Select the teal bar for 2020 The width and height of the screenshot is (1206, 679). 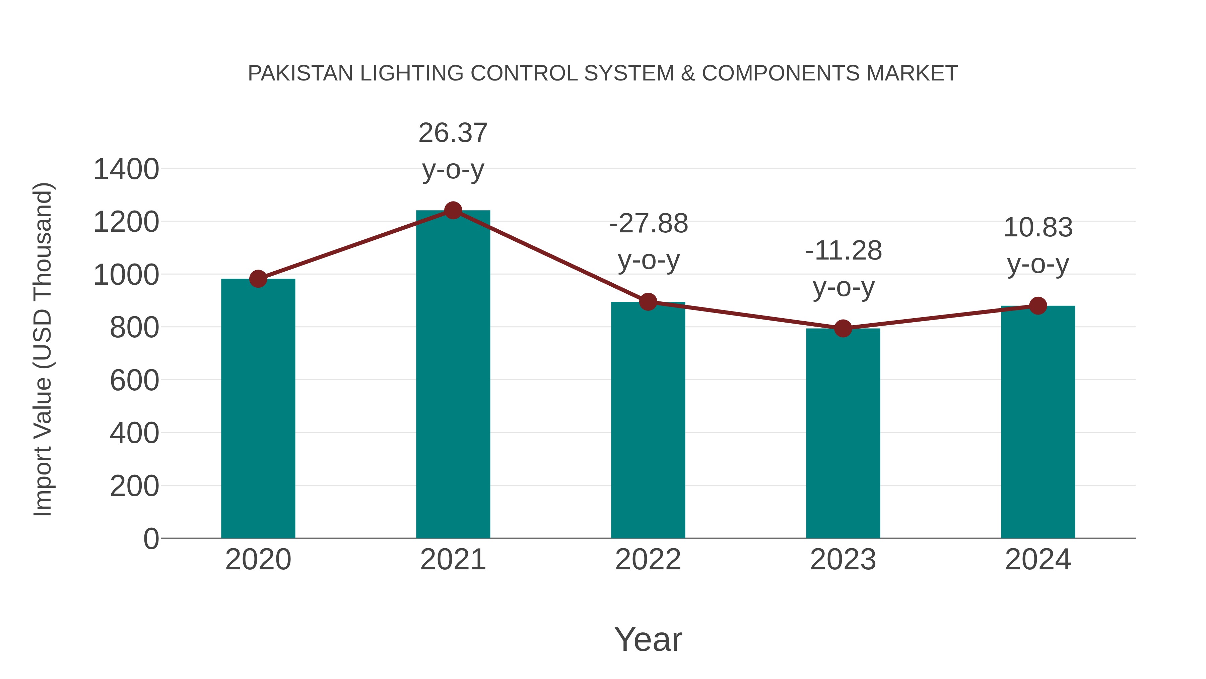[x=258, y=408]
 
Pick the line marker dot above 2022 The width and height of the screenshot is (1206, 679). [x=648, y=302]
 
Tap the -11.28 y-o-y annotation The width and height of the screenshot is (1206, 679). [x=843, y=269]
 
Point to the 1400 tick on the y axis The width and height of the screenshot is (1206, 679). [x=126, y=169]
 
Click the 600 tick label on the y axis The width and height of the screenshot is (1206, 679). [x=134, y=380]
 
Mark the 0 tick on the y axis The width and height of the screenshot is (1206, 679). [x=151, y=539]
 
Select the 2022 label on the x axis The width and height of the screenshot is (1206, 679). [x=648, y=560]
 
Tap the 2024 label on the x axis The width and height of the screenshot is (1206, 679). [x=1038, y=560]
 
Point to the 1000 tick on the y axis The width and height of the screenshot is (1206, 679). [x=126, y=275]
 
